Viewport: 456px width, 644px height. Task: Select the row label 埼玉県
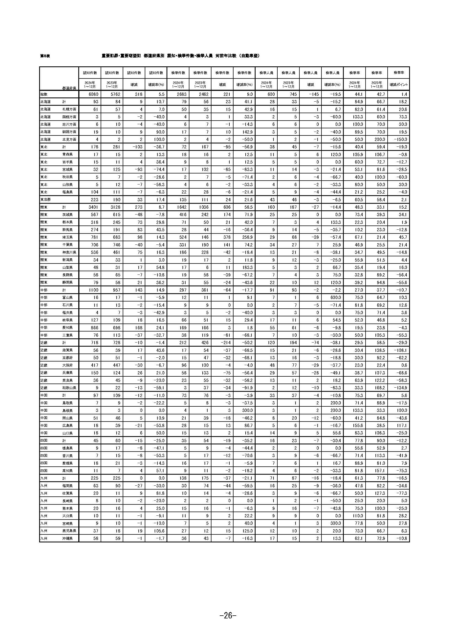pos(67,237)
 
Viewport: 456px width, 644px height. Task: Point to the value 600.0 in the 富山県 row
pos(335,297)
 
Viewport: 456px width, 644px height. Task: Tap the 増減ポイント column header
pos(398,85)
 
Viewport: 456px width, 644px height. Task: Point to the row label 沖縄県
pos(67,538)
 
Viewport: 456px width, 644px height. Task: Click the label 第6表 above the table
pos(45,56)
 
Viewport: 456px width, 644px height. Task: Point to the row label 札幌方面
pos(69,109)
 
